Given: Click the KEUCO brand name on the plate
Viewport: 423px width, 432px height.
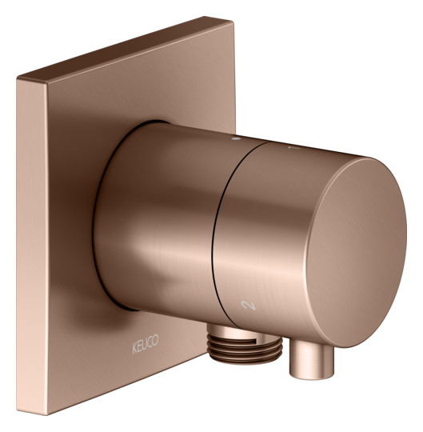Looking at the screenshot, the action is coord(145,343).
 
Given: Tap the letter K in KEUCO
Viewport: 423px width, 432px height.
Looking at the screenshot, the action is coord(134,348).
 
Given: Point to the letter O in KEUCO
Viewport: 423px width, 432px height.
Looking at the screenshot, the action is coord(156,340).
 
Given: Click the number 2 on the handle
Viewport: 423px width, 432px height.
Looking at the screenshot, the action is coord(249,305).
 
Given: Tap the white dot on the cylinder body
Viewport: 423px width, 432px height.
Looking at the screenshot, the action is coord(236,139).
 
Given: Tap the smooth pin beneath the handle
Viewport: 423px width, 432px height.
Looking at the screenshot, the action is coord(311,358).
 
